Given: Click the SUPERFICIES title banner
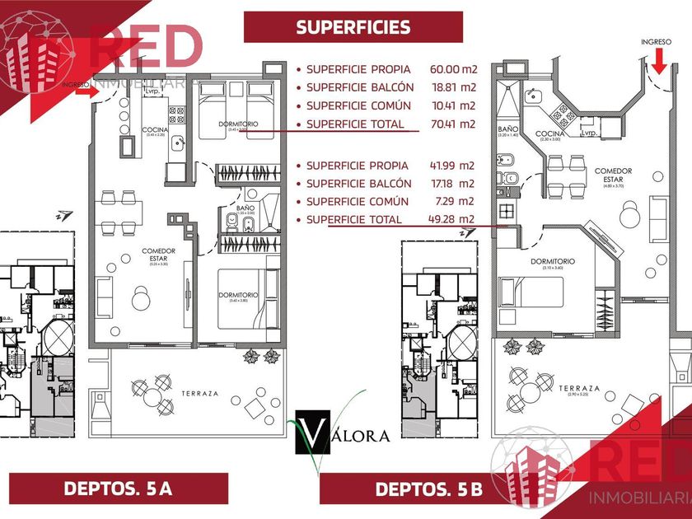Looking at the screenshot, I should coord(353,27).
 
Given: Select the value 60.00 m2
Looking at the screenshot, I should coord(452,70).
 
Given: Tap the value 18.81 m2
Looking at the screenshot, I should coord(452,87).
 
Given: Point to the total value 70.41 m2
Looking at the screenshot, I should coord(452,124).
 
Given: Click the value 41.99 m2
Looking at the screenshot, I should coord(452,165).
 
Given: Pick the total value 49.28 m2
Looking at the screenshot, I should coord(452,219).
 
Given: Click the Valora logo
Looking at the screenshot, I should coord(338,433).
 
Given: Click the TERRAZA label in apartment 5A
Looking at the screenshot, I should coord(200,394).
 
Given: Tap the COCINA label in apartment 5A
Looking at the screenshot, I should coord(156,129).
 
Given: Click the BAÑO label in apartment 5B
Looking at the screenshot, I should coord(507,129).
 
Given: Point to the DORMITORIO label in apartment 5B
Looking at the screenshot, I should coord(552,261).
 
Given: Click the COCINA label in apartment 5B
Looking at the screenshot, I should coord(549,133).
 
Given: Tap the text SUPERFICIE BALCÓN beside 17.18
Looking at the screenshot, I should coord(358,183).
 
